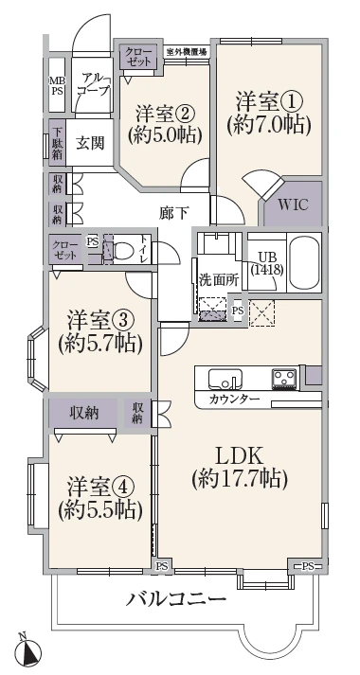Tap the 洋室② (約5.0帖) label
click(168, 123)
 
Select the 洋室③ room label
click(99, 330)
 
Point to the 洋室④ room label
click(99, 498)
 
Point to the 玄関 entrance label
click(90, 144)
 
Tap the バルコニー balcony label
click(176, 600)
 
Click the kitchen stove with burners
click(283, 378)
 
